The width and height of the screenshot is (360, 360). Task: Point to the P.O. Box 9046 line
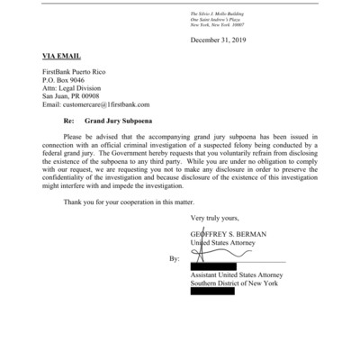click(67, 79)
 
